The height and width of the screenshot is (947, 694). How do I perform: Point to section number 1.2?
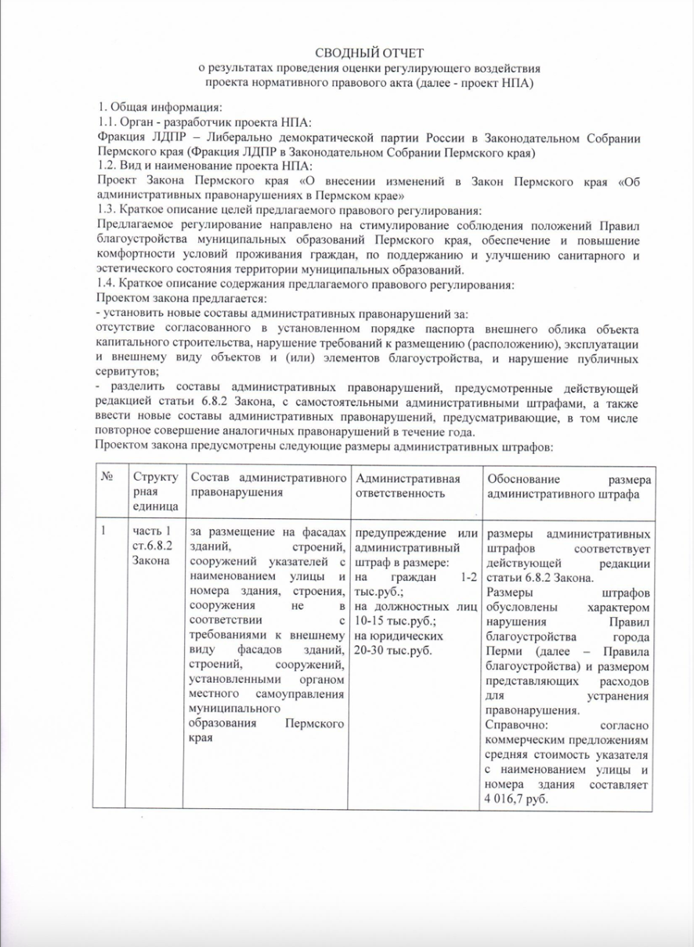pos(105,165)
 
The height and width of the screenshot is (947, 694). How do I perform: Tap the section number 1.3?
pos(105,209)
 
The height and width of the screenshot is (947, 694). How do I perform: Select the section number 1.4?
pos(105,284)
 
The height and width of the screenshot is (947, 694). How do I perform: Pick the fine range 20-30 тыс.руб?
pos(394,650)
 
